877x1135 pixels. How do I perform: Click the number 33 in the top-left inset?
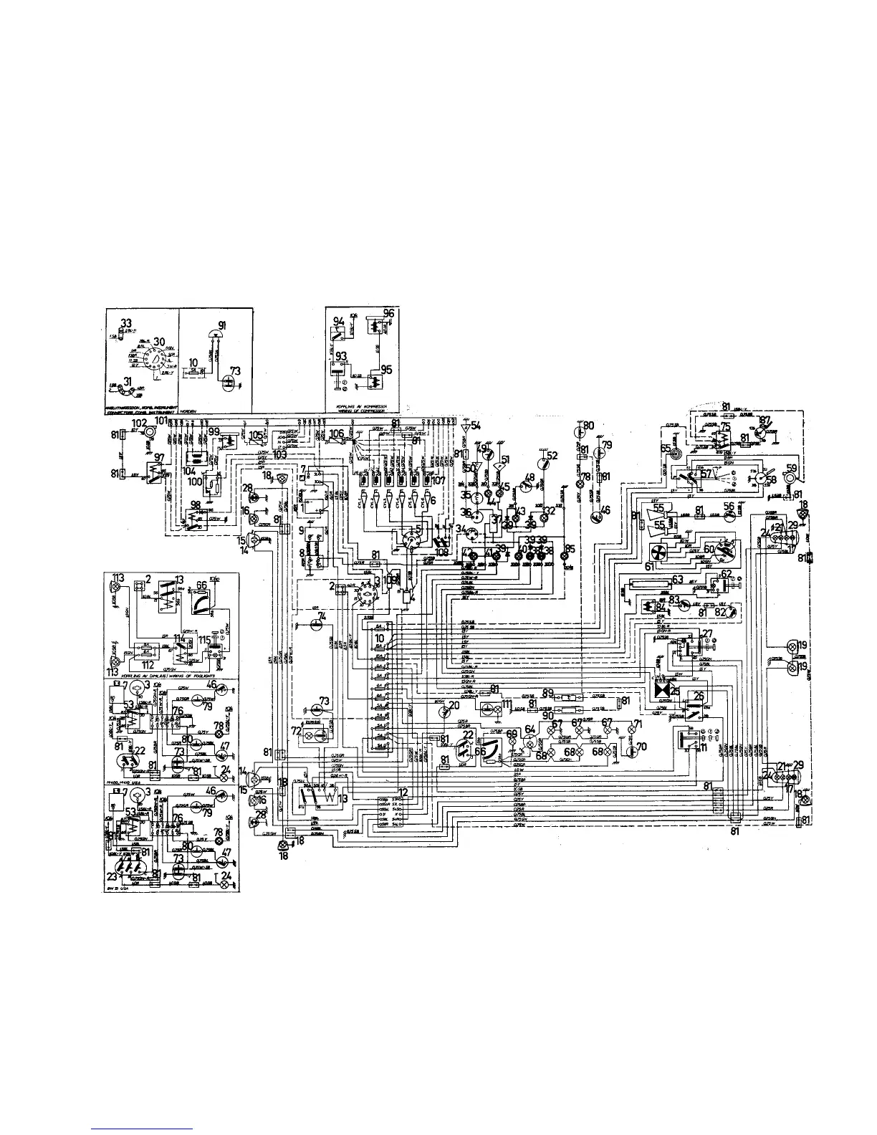(x=126, y=322)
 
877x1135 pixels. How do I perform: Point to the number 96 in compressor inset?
(x=388, y=313)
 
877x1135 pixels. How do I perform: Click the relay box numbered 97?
(x=153, y=470)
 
